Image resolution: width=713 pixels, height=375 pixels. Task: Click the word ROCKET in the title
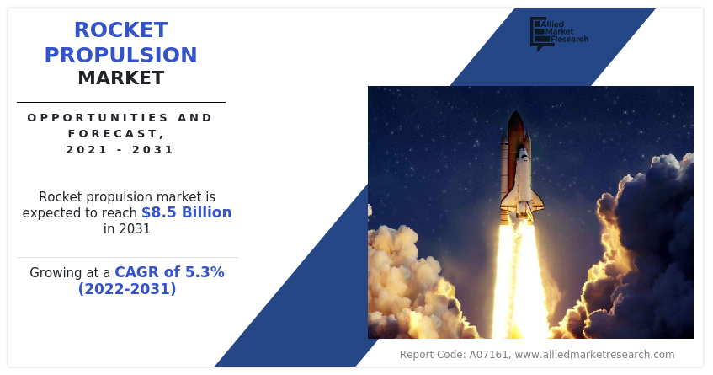[x=121, y=30]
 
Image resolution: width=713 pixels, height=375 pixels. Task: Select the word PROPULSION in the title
[x=121, y=56]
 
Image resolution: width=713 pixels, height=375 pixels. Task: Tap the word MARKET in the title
[x=121, y=79]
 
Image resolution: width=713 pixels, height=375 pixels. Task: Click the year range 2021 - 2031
[x=120, y=150]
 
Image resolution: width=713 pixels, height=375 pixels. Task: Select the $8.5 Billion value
[x=186, y=212]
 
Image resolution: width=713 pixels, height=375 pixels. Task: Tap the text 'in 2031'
[x=127, y=228]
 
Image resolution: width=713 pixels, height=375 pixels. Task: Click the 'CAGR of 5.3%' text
[x=169, y=272]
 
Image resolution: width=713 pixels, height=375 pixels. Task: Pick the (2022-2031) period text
[x=127, y=289]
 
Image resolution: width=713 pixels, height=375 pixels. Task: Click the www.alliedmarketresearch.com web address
[x=594, y=355]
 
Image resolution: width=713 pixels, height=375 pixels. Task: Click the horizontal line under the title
[x=121, y=102]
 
